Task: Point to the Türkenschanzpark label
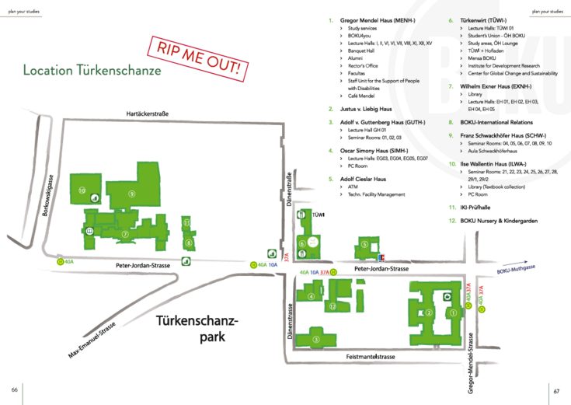click(x=197, y=328)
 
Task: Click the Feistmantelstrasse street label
click(x=371, y=356)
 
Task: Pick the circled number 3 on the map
click(x=315, y=338)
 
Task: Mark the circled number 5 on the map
click(x=364, y=245)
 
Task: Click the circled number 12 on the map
click(x=332, y=306)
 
